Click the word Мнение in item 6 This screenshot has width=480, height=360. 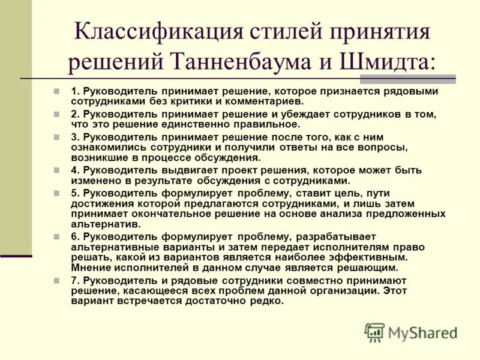(91, 268)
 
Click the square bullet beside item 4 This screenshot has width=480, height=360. (56, 170)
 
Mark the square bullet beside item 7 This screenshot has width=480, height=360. (56, 281)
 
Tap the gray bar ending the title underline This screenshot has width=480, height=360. (432, 79)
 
